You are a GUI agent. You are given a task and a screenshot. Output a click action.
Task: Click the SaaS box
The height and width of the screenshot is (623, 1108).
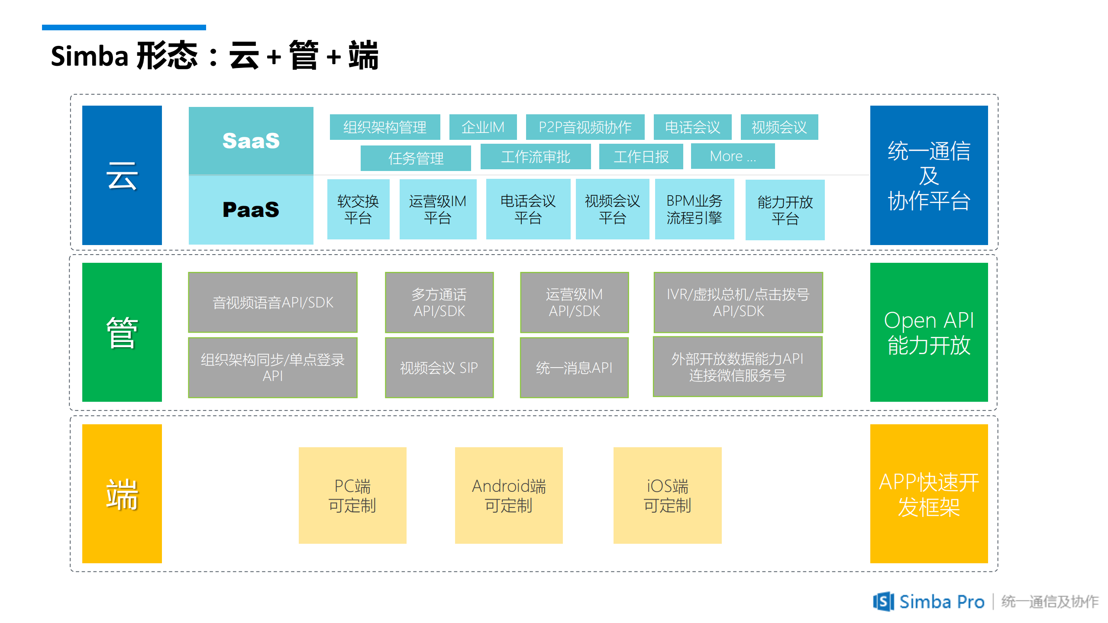(x=251, y=141)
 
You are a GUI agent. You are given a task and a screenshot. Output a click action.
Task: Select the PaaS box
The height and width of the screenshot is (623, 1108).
(x=251, y=210)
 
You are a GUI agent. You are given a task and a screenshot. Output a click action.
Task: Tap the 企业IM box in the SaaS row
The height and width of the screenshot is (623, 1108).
(x=483, y=127)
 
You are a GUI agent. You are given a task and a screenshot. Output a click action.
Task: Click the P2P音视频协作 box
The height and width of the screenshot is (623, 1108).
(x=585, y=127)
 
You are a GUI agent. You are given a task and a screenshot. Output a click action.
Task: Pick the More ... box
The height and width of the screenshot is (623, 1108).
(x=733, y=156)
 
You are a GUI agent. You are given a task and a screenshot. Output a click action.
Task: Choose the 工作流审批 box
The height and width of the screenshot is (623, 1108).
(x=536, y=157)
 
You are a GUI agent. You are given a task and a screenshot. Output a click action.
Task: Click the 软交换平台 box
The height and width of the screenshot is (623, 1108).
(x=358, y=209)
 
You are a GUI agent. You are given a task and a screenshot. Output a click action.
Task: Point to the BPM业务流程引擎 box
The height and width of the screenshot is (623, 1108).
(x=694, y=209)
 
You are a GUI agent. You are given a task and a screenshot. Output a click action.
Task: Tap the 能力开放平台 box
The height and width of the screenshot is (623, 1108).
(x=785, y=210)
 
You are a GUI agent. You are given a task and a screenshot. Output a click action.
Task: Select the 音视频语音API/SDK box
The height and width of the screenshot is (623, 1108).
(x=273, y=302)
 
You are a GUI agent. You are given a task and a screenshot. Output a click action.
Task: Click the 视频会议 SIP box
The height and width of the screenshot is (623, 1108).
(x=439, y=368)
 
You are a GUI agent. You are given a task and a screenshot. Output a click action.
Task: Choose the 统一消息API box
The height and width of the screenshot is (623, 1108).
(x=574, y=368)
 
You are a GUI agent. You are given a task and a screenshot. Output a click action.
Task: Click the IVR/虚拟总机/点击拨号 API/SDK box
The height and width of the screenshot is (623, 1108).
(x=738, y=302)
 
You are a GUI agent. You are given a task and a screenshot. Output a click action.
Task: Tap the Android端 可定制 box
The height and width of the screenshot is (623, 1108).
(x=509, y=495)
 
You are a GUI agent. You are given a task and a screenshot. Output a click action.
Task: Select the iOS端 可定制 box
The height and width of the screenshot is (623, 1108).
(x=667, y=495)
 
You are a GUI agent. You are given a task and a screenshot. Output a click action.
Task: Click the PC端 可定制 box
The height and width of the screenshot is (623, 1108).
(x=352, y=495)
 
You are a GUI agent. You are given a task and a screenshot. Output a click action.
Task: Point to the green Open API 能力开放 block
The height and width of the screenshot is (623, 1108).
(x=929, y=332)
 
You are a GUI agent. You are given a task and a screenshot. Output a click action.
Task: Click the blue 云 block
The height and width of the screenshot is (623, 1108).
(x=122, y=175)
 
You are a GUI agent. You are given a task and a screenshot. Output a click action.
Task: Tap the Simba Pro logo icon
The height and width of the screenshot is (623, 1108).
(x=883, y=601)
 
